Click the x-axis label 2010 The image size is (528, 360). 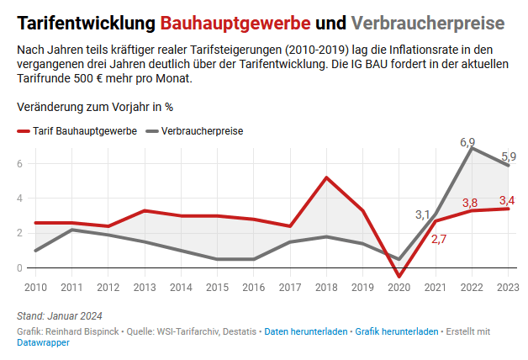tap(35, 288)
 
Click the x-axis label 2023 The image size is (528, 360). tap(507, 288)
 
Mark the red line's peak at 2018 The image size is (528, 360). tap(326, 177)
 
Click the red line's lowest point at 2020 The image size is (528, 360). tap(399, 276)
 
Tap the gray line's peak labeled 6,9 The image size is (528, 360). tap(472, 148)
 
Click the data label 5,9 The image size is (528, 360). tap(509, 156)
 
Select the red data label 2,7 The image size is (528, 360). tap(439, 239)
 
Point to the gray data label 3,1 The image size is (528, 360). tap(423, 214)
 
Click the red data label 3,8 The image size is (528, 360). tap(470, 203)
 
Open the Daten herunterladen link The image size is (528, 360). tap(305, 331)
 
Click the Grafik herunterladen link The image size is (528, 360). tap(396, 331)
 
